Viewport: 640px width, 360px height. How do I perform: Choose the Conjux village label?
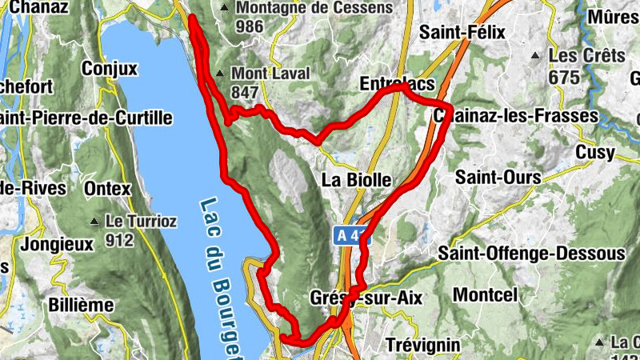pyautogui.click(x=120, y=69)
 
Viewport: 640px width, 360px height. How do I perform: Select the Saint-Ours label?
pyautogui.click(x=498, y=176)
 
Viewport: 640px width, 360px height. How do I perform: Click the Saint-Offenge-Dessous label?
pyautogui.click(x=532, y=254)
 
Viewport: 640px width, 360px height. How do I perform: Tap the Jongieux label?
pyautogui.click(x=58, y=244)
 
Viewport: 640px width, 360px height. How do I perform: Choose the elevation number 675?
pyautogui.click(x=563, y=78)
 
